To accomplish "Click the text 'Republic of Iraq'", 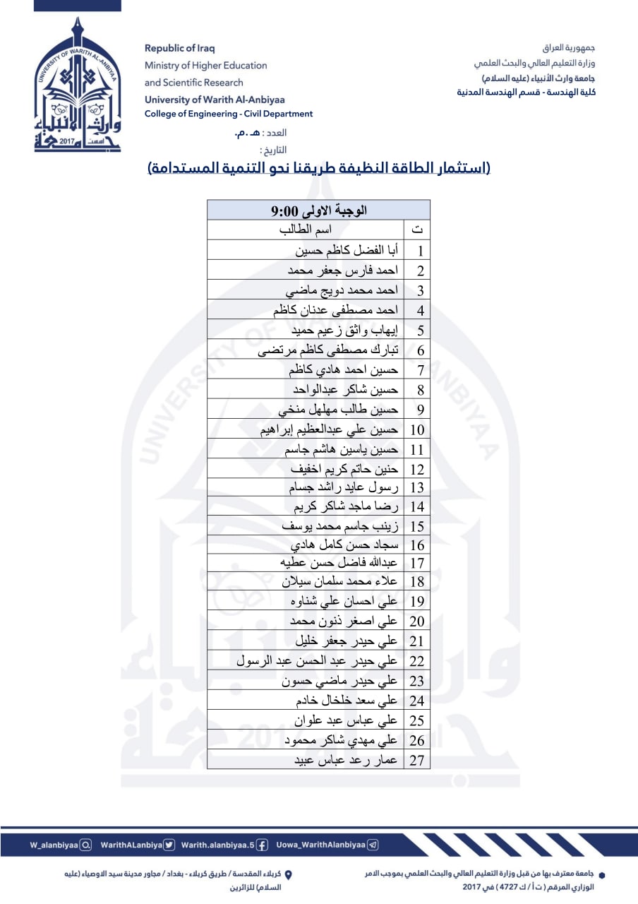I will coord(179,48).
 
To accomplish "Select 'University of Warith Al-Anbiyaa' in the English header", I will coord(215,100).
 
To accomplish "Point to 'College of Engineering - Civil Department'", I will coord(229,114).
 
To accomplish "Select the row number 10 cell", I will coord(417,429).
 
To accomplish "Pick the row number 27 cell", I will coord(417,760).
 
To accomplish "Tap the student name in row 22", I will coord(317,661).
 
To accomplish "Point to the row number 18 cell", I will coord(417,582).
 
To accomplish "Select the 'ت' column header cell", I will coord(417,230).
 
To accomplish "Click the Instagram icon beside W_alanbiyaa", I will coord(85,845).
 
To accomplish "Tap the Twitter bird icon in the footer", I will coord(169,845).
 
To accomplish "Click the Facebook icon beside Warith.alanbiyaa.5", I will coord(262,845).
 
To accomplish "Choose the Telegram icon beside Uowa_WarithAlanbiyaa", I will coord(373,845).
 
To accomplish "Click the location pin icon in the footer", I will coord(288,874).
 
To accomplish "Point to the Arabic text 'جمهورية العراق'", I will coord(569,48).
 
